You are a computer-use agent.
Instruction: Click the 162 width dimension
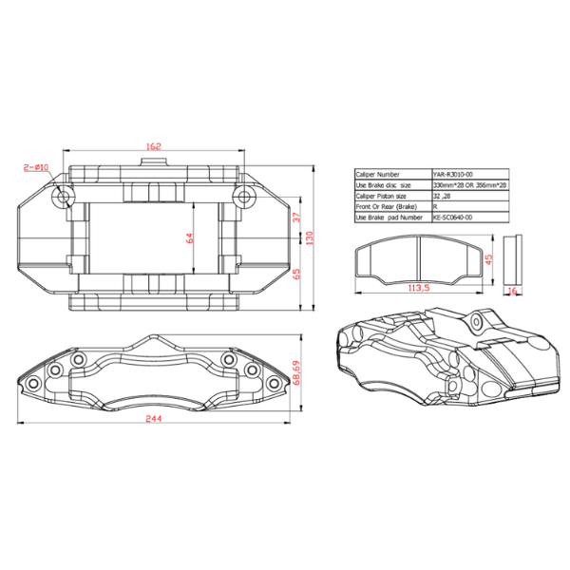154,145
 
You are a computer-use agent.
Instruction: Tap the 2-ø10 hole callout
35,167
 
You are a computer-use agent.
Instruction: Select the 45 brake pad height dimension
488,256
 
